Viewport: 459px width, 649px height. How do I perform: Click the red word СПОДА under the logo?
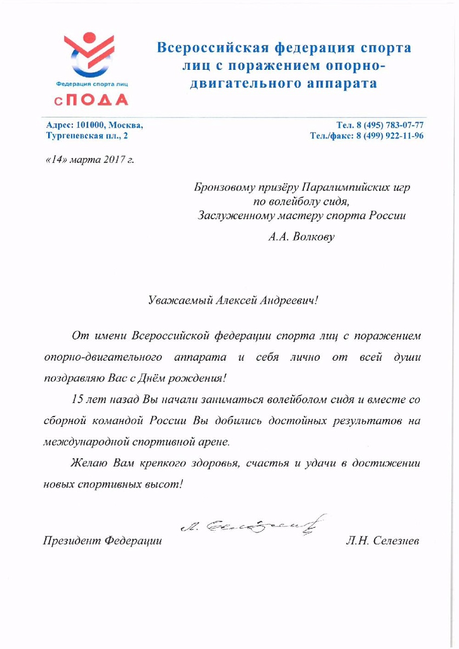point(90,99)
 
